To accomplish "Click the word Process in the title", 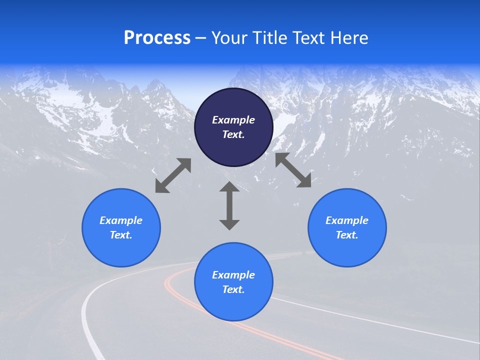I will click(157, 38).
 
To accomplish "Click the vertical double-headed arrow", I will click(229, 205).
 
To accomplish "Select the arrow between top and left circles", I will click(173, 175).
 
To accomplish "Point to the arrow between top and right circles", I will click(293, 170).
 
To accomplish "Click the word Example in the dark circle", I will click(233, 120).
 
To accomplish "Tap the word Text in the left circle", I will click(121, 235).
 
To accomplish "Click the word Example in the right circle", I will click(347, 220).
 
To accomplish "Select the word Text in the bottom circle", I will click(233, 289).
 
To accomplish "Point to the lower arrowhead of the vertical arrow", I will click(229, 224).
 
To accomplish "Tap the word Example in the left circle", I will click(121, 220).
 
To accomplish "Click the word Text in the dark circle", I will click(233, 134).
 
